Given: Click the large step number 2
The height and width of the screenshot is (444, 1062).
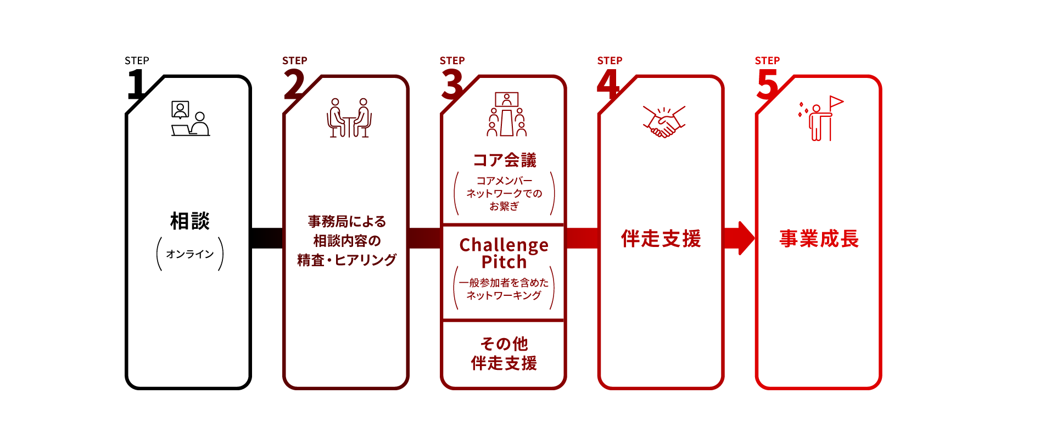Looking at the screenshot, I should click(294, 84).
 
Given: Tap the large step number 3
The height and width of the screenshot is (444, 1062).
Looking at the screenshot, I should click(452, 84).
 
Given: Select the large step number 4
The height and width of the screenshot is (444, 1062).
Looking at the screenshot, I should click(608, 84).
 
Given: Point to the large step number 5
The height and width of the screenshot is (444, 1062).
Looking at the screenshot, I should click(767, 84).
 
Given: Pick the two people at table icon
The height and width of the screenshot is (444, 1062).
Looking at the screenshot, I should click(349, 117).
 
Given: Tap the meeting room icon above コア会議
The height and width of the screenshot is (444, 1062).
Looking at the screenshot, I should click(506, 114).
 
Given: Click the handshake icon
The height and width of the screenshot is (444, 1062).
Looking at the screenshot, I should click(664, 121).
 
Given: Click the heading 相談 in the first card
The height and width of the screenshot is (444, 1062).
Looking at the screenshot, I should click(190, 221).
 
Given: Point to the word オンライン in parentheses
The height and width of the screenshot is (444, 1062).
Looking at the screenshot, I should click(190, 254).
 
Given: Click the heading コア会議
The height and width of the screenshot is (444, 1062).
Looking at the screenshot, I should click(504, 160).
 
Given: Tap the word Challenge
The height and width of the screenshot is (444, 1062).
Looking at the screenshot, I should click(504, 245).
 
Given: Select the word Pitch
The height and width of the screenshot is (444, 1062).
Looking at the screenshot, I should click(504, 262).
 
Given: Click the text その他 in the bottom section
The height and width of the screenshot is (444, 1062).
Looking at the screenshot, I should click(504, 344).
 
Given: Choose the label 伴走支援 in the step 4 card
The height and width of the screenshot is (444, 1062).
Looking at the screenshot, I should click(661, 239).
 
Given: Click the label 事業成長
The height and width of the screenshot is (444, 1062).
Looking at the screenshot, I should click(819, 239).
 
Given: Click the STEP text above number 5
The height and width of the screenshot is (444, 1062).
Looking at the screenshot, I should click(767, 60).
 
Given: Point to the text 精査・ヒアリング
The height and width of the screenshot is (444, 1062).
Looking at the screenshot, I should click(346, 260).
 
